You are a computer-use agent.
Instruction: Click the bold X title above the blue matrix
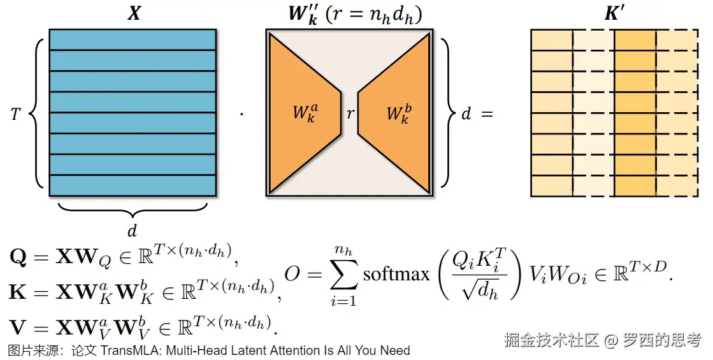133,14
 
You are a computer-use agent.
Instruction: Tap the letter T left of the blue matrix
17,114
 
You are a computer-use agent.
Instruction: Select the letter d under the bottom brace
132,229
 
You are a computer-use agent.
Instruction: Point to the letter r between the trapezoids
350,114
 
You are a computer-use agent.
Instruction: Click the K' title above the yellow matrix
614,14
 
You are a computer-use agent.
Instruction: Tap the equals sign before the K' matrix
487,115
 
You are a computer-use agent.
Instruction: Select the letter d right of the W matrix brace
466,115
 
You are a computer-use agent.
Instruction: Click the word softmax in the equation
396,274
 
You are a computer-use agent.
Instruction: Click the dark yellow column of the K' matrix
635,113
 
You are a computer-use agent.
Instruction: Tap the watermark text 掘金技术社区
551,340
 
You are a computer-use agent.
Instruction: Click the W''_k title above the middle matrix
306,14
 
